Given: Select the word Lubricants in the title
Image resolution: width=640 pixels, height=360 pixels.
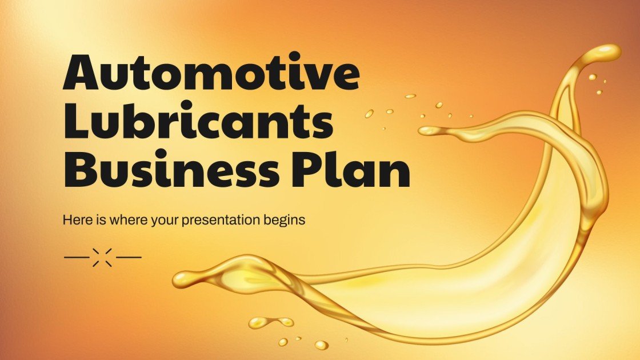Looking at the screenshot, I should click(198, 123).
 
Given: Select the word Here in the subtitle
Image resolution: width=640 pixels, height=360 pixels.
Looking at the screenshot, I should click(75, 220).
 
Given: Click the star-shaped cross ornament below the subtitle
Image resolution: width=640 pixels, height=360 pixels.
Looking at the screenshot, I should click(103, 257).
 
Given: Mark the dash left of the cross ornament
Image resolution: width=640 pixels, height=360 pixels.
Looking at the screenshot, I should click(77, 257).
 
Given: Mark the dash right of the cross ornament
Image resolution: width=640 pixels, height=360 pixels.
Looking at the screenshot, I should click(129, 257).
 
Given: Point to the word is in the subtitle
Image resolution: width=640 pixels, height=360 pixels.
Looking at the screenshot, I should click(95, 220).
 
